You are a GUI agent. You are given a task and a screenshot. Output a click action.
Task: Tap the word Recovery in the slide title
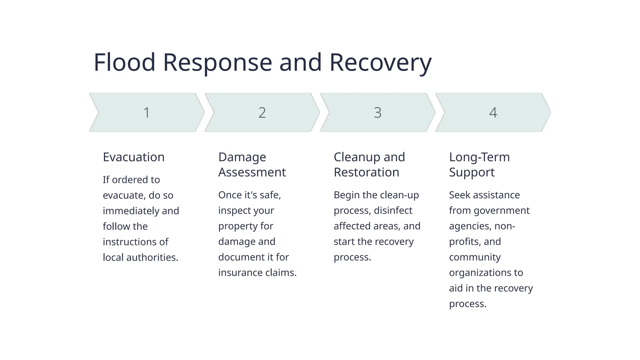tap(380, 62)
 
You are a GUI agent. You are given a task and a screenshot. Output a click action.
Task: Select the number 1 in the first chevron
tap(147, 112)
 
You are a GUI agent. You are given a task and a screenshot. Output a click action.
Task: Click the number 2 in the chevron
tap(262, 112)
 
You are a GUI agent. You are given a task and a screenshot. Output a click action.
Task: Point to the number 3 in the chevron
tap(377, 112)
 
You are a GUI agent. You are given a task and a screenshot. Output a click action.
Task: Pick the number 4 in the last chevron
tap(493, 112)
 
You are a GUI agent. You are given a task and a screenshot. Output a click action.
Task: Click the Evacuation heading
tap(133, 157)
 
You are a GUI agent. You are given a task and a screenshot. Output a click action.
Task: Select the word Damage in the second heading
tap(242, 157)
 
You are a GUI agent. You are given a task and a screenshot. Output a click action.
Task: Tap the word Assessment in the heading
tap(252, 172)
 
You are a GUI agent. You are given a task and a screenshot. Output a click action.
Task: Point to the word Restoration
tap(366, 172)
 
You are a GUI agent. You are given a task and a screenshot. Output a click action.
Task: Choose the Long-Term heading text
tap(479, 157)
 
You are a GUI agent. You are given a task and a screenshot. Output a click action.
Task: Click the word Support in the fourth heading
tap(472, 172)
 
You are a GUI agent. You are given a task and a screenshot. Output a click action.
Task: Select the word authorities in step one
tap(152, 257)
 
